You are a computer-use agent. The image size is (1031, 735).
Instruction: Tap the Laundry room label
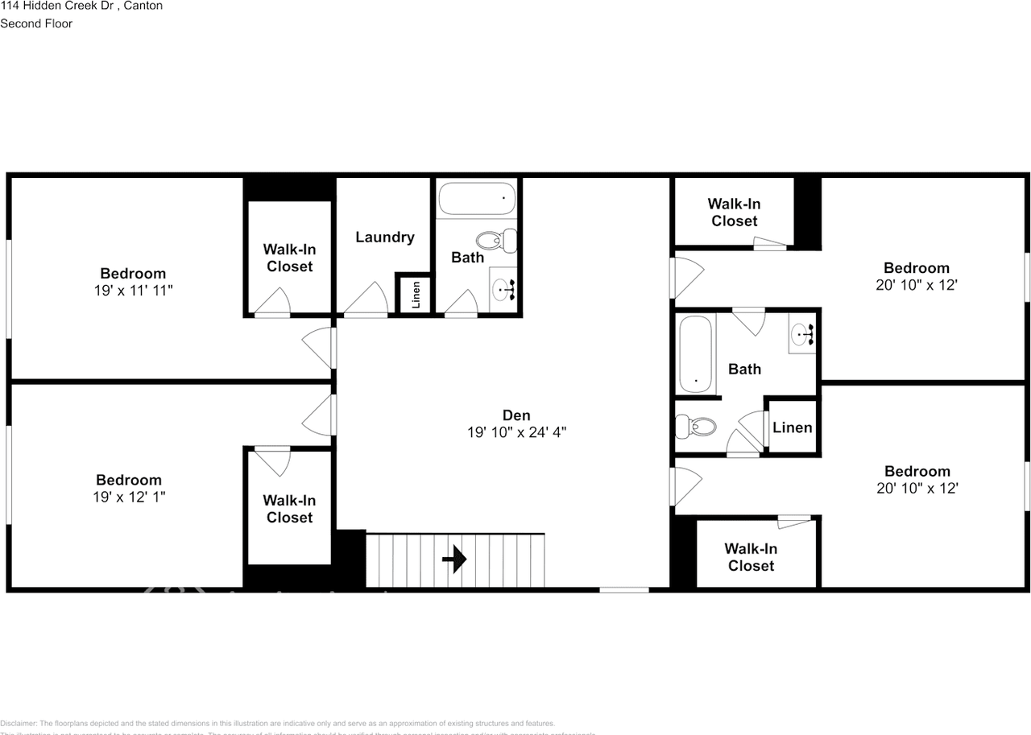click(385, 237)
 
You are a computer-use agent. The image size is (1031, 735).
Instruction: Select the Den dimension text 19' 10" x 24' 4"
click(516, 432)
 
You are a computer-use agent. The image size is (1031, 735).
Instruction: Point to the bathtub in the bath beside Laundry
click(476, 197)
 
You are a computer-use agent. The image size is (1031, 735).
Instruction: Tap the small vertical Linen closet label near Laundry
click(416, 294)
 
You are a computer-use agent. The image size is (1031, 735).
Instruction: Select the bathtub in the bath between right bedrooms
click(696, 354)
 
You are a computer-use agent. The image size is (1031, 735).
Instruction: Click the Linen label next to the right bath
click(792, 427)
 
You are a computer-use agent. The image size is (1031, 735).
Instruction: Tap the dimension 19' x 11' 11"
click(134, 290)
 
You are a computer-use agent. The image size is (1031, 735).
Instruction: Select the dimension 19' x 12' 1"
click(129, 497)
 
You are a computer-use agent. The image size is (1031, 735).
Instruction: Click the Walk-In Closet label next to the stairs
click(289, 509)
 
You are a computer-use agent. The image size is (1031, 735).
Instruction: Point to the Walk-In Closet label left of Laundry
click(289, 258)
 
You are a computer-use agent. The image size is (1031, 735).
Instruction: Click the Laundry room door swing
click(367, 299)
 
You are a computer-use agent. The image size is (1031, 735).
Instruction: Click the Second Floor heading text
click(36, 23)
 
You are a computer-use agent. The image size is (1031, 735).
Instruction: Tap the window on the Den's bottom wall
click(624, 590)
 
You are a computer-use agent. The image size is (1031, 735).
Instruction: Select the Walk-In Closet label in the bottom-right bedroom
click(751, 557)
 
